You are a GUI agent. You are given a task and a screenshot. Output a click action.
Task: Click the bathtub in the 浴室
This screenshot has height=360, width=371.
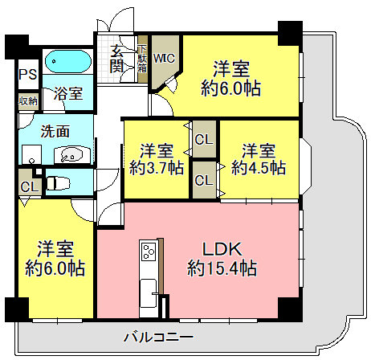[68, 62]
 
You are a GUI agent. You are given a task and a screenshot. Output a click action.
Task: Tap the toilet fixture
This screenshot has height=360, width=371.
[58, 183]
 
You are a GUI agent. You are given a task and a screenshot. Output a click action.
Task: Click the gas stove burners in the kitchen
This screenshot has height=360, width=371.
[149, 252]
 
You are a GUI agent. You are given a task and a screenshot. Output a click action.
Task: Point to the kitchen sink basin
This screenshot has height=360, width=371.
[149, 289]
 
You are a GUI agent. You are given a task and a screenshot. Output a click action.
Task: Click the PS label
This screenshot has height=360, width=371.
[28, 75]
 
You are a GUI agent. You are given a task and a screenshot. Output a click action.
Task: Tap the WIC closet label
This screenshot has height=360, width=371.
[164, 59]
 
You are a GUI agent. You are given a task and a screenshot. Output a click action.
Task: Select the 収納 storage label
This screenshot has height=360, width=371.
[28, 101]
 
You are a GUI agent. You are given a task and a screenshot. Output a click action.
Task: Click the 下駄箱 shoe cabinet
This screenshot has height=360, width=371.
[143, 59]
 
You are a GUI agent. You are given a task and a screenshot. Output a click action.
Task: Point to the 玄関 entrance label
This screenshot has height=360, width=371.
[116, 59]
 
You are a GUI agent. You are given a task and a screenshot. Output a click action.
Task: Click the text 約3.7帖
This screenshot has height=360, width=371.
[157, 168]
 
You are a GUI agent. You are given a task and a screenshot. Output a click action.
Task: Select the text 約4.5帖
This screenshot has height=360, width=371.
[259, 168]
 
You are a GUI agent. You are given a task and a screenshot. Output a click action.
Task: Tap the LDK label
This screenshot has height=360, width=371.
[222, 249]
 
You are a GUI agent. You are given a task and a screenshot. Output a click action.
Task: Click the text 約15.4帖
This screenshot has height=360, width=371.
[222, 268]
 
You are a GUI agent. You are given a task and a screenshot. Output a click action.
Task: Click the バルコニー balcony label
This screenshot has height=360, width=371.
[158, 336]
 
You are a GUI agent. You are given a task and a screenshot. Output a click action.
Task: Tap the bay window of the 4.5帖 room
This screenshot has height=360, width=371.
[305, 166]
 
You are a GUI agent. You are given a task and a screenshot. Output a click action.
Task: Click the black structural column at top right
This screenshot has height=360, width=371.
[290, 34]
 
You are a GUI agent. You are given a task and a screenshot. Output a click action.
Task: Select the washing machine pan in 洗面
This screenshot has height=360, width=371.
[31, 154]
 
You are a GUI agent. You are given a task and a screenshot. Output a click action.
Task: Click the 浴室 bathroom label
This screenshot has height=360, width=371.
[68, 93]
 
